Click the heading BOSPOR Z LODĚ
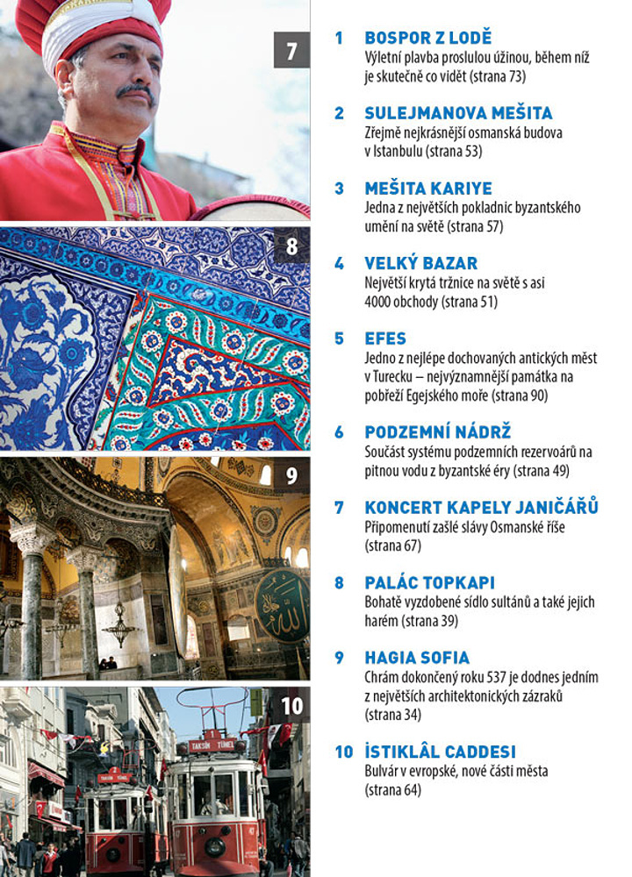pos(427,39)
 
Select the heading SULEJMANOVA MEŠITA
pos(458,113)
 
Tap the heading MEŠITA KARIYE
pos(428,189)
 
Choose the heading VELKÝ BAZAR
pos(420,263)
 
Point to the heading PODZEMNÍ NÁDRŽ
pos(437,432)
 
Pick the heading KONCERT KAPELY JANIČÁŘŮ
pos(481,507)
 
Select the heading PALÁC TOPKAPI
pos(430,582)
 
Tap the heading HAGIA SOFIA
pos(417,658)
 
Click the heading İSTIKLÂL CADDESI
pos(440,752)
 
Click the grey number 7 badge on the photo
pos(291,50)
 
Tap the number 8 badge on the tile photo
pos(292,246)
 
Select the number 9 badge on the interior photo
pos(291,477)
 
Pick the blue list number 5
pos(339,339)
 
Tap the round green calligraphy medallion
pos(281,604)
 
